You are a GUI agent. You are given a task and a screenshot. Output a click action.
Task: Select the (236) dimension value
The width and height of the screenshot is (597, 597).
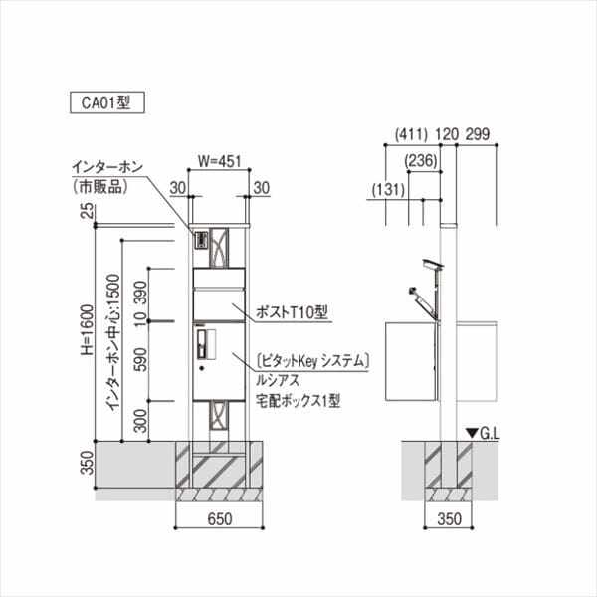point(423,160)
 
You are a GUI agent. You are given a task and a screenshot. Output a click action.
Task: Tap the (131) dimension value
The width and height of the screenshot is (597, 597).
point(388,188)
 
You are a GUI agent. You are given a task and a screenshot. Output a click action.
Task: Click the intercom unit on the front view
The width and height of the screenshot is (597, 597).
point(198,240)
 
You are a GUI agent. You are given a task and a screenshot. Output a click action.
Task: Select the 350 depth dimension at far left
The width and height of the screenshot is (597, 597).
point(86,463)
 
